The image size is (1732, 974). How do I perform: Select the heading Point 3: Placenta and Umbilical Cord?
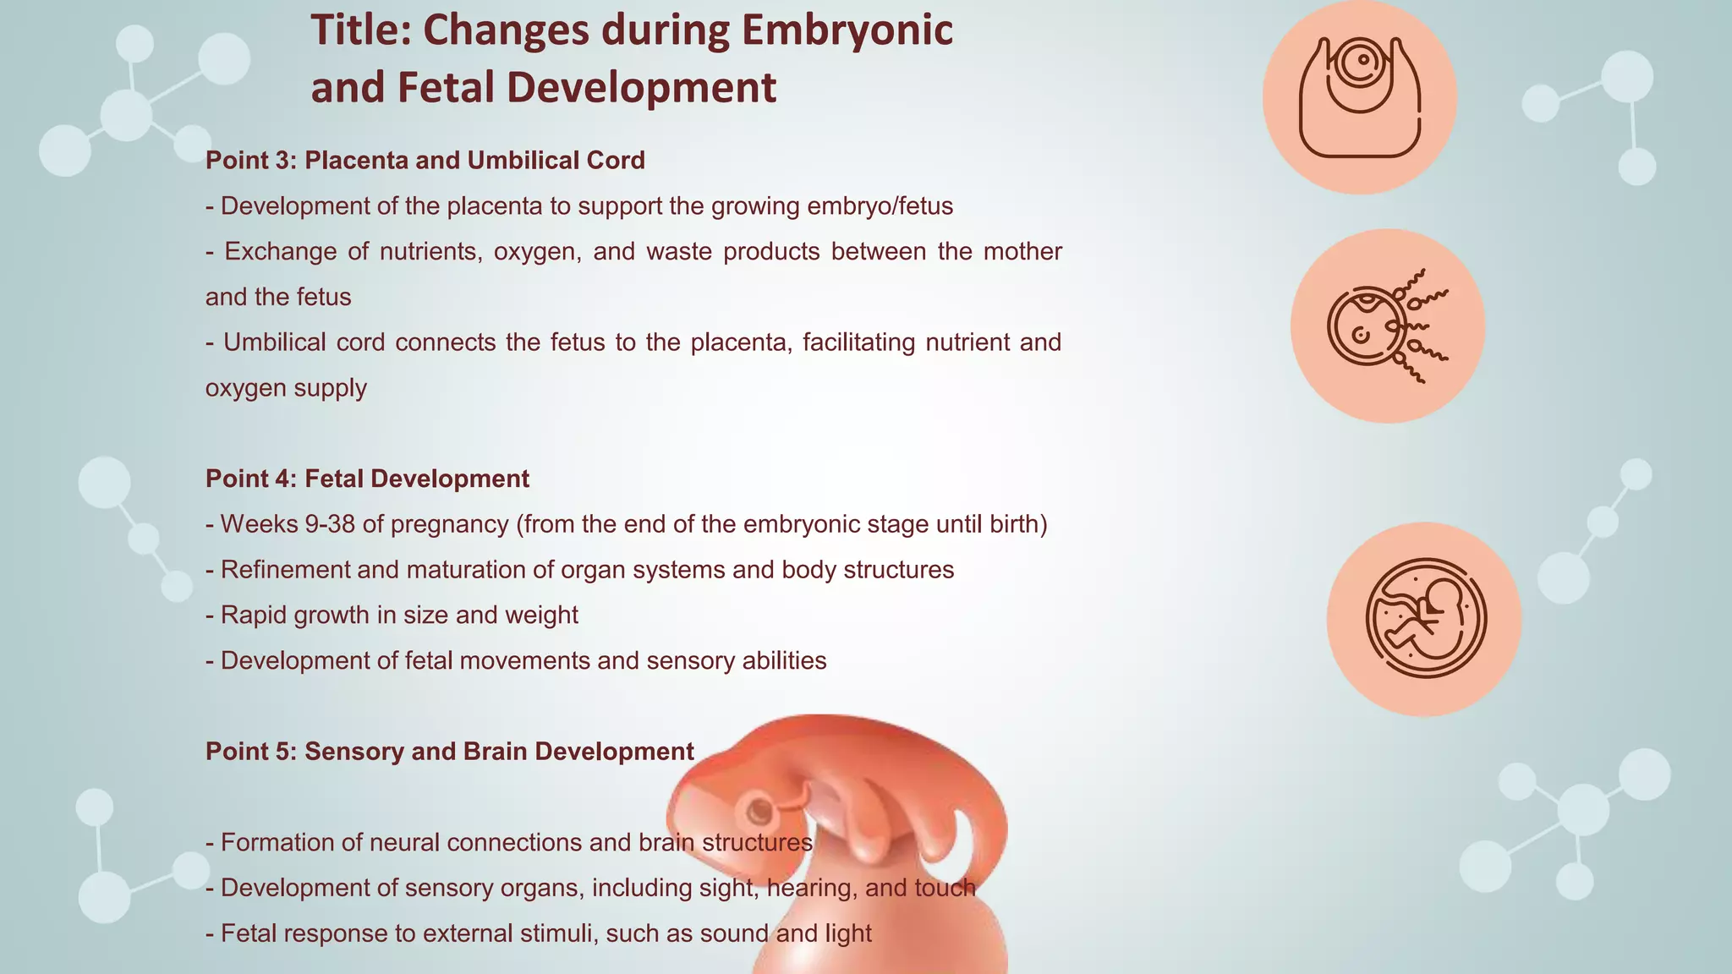pos(425,160)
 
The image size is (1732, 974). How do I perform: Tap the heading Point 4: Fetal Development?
pos(367,479)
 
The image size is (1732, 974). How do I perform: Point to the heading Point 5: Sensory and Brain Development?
pos(449,752)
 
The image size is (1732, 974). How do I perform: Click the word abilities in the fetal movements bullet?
pos(783,660)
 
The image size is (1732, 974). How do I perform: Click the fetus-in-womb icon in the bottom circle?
pos(1424,619)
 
